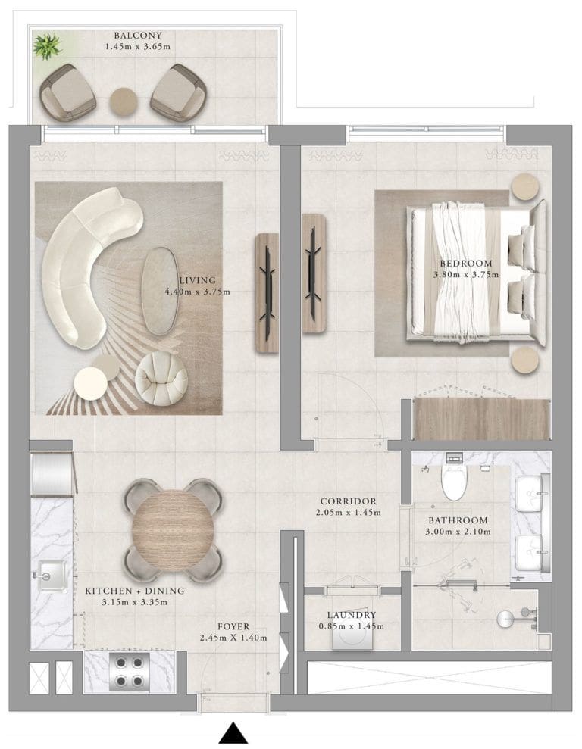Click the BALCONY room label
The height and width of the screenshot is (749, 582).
137,35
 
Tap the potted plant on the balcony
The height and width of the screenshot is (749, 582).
47,47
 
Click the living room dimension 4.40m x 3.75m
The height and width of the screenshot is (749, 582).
197,291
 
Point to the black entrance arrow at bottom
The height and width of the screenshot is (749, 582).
234,733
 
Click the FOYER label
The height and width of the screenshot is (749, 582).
233,626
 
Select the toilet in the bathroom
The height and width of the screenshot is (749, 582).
455,482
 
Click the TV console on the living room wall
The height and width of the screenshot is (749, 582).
267,282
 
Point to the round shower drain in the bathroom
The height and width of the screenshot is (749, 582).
506,619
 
